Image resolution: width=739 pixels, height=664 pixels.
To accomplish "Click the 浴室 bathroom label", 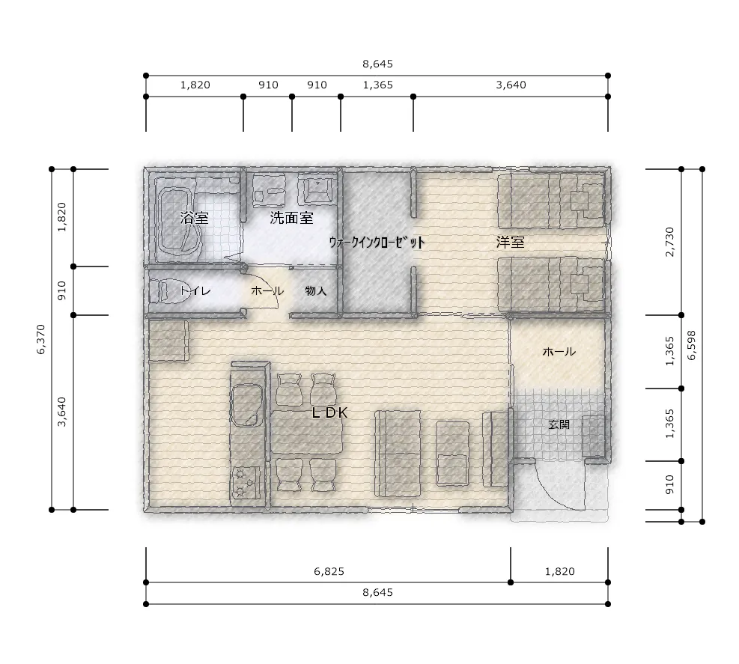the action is [x=194, y=218].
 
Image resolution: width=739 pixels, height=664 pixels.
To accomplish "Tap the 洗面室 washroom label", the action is [x=292, y=218].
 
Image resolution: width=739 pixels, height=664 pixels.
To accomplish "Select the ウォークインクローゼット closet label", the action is [x=377, y=243].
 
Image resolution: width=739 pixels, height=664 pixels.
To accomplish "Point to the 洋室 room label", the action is [x=510, y=243].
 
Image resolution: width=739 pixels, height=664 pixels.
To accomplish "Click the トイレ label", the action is [x=195, y=290].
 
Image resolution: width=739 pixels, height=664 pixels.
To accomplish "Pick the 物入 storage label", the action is [x=316, y=290].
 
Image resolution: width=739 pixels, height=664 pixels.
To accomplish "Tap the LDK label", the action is [x=330, y=412].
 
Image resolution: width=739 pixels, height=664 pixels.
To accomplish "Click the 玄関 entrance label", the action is [x=559, y=424].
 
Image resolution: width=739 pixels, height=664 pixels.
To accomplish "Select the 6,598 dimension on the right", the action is [x=691, y=345].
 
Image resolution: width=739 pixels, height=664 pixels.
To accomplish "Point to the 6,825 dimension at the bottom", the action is [x=329, y=571].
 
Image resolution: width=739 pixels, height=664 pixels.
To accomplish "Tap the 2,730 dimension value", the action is [x=669, y=242].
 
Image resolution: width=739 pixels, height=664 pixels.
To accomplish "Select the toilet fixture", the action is [x=159, y=290].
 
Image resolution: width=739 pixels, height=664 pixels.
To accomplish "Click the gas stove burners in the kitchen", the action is [x=245, y=481].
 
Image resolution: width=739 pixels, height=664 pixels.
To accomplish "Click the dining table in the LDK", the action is [x=307, y=432].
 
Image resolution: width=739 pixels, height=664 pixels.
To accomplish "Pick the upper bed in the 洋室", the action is [x=551, y=201].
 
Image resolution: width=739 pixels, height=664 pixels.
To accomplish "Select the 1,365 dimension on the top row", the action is [x=377, y=85].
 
